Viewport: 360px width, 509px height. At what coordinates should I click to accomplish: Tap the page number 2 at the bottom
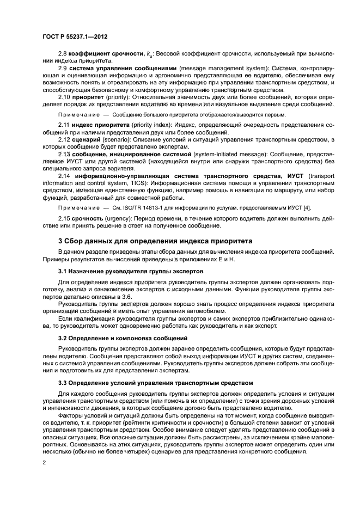tap(44, 463)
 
